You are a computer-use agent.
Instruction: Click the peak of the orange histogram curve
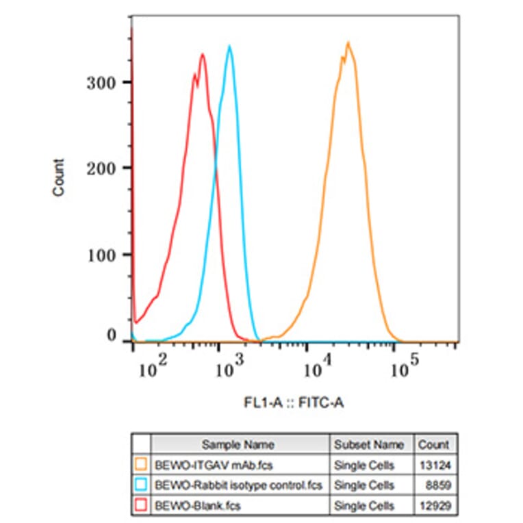pos(348,43)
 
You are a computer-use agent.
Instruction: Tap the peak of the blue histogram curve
pos(229,47)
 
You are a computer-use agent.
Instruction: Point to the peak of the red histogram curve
pos(203,54)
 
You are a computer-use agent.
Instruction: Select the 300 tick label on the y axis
pos(101,82)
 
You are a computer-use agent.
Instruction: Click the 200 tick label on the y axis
pos(101,168)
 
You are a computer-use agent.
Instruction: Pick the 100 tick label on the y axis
pos(101,255)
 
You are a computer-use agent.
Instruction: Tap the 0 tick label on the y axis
pos(112,336)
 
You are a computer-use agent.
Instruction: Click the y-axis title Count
pos(59,177)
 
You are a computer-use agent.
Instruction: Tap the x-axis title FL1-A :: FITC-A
pos(294,404)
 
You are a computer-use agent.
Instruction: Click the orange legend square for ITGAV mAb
pos(141,464)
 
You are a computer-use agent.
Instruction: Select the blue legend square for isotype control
pos(141,485)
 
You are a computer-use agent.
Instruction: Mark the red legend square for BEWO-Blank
pos(141,506)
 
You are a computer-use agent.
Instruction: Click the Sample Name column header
pos(239,444)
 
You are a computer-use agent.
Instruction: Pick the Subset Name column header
pos(369,444)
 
